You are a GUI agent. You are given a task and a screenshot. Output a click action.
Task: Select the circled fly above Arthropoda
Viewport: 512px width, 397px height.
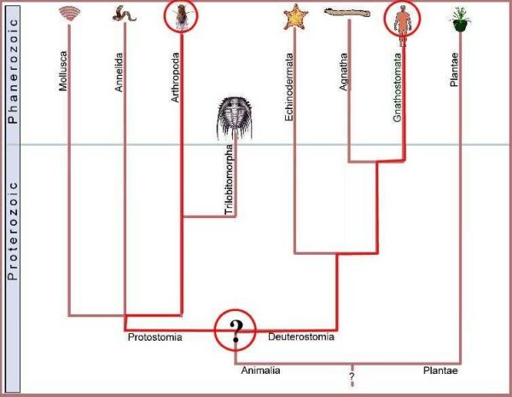point(182,15)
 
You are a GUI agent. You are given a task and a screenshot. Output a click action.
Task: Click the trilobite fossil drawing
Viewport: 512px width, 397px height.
point(232,117)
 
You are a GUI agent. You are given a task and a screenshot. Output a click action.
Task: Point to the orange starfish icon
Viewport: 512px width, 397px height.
point(295,16)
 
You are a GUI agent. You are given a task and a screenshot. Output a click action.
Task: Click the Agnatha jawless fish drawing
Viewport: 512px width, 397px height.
point(347,12)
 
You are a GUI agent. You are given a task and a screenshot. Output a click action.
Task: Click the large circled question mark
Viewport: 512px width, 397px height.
point(236,331)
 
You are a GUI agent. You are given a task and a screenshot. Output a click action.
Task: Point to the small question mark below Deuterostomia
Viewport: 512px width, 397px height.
point(352,375)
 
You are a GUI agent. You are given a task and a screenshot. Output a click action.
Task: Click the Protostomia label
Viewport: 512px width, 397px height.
point(154,337)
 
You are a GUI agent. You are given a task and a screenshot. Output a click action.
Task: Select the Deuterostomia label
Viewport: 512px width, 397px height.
point(301,337)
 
